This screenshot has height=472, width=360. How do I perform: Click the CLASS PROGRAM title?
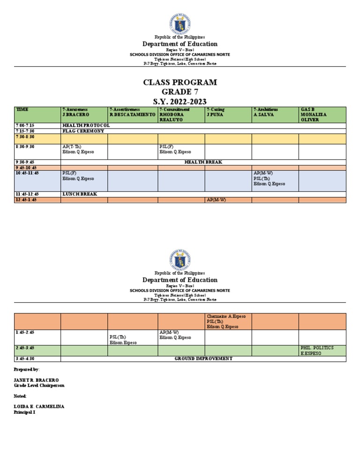tap(180, 83)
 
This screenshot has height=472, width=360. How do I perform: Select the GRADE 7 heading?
tap(180, 92)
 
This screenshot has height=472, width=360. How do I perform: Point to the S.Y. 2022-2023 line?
tap(180, 102)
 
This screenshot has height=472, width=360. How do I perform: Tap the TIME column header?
tap(22, 109)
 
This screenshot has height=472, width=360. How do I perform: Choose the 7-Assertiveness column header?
tap(132, 112)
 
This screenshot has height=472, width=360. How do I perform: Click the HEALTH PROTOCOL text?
tap(86, 125)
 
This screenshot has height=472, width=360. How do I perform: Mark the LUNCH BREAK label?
tap(80, 194)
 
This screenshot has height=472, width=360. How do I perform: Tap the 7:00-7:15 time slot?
tap(25, 125)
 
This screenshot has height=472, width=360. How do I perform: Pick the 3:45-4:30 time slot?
tap(25, 358)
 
